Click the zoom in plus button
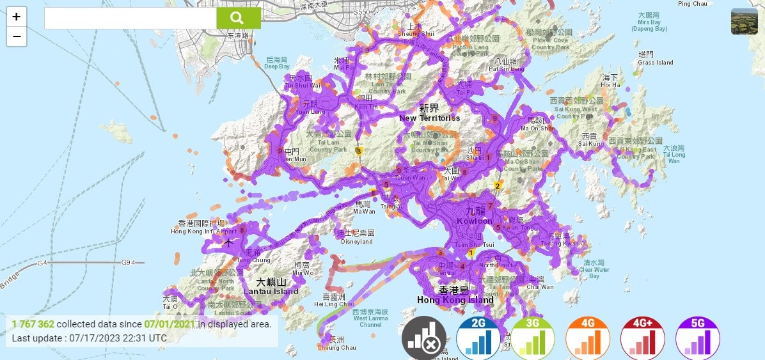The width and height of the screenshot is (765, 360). click(17, 17)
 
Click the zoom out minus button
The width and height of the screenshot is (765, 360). click(17, 36)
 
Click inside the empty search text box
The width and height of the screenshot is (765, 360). click(130, 19)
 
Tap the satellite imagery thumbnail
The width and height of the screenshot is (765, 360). click(744, 21)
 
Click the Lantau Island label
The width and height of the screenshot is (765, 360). click(271, 292)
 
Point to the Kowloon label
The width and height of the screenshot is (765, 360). click(475, 221)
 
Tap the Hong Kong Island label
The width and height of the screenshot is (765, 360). click(455, 300)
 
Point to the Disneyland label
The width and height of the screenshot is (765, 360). click(356, 242)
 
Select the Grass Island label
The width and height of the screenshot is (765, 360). click(656, 63)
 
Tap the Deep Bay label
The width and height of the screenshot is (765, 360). click(277, 67)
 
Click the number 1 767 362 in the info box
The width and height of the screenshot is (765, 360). click(33, 324)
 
